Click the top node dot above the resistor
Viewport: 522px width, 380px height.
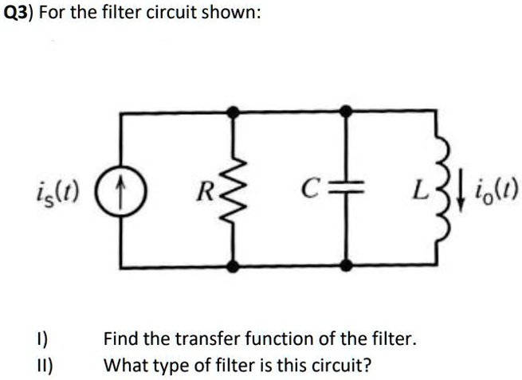(x=233, y=112)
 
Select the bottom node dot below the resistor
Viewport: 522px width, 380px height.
(x=233, y=265)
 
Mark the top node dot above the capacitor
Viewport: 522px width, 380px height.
(x=346, y=112)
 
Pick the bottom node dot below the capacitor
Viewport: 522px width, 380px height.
(x=346, y=265)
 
